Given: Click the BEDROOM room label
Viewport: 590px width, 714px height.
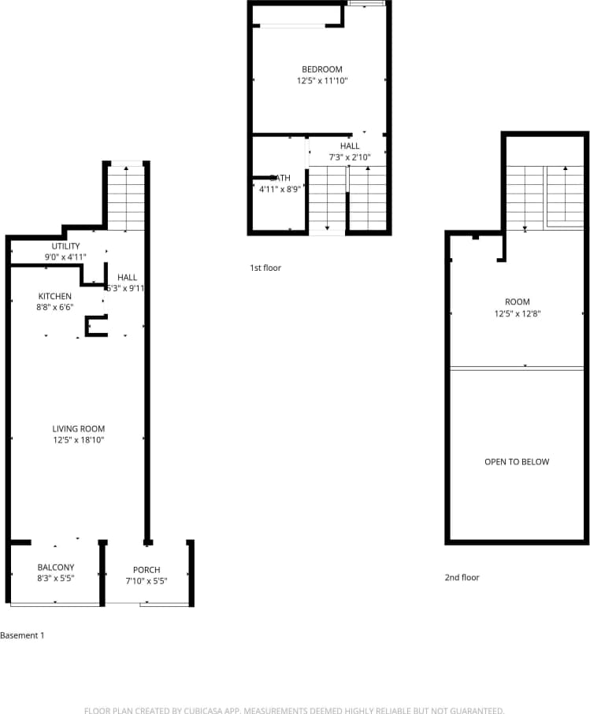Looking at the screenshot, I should click(321, 69).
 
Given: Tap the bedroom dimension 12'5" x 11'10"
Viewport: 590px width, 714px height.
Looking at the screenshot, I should click(321, 80).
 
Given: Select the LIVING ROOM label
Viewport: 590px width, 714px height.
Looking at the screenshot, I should click(79, 429).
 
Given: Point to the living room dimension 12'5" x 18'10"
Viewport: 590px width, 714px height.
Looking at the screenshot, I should click(79, 440).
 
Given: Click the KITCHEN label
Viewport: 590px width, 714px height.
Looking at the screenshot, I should click(55, 296).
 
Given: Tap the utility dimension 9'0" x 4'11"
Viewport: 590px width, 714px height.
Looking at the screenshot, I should click(65, 257).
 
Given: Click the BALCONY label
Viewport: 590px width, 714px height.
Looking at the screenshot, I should click(56, 568).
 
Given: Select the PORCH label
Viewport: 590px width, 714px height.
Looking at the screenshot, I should click(147, 570).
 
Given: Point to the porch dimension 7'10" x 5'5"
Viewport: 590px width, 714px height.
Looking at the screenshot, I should click(147, 581).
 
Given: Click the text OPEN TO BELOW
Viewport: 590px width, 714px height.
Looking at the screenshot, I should click(517, 462).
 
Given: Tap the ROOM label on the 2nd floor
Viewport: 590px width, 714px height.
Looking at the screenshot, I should click(517, 302).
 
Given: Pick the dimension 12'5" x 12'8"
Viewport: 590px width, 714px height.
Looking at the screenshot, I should click(517, 313).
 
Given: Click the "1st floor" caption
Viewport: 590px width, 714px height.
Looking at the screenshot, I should click(265, 268).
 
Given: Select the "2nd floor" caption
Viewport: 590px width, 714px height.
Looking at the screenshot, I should click(462, 578).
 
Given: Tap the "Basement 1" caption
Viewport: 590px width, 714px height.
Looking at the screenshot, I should click(22, 635).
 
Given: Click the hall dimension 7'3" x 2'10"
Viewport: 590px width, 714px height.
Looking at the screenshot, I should click(350, 157).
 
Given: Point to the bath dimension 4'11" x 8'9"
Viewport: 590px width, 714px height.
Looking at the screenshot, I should click(280, 189).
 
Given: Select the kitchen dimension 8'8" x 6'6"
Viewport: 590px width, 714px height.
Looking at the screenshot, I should click(55, 307).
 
